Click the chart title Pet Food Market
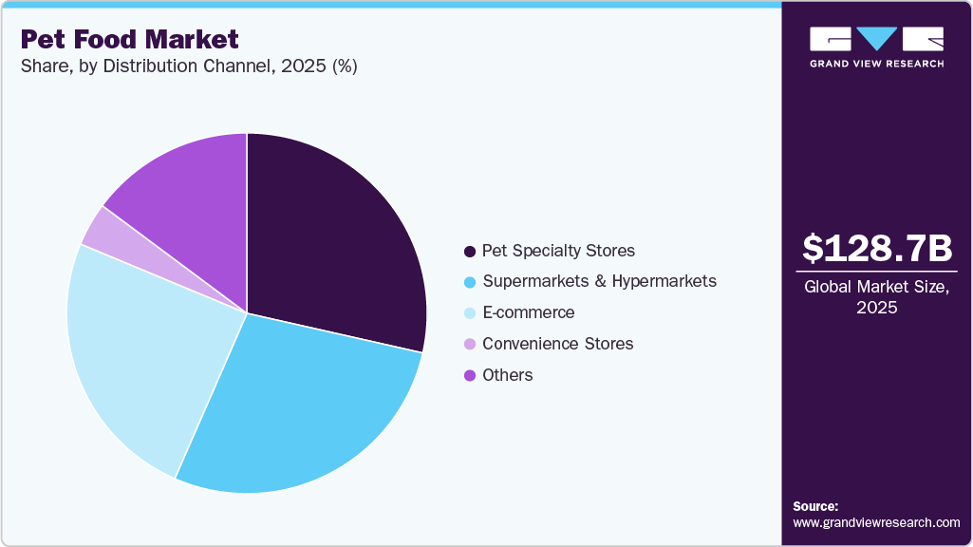pyautogui.click(x=129, y=39)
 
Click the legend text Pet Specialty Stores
pyautogui.click(x=558, y=251)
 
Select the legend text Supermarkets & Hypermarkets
pyautogui.click(x=599, y=281)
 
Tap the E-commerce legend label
pyautogui.click(x=528, y=312)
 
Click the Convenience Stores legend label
pyautogui.click(x=557, y=344)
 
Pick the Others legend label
pyautogui.click(x=507, y=375)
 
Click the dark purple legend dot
pyautogui.click(x=469, y=252)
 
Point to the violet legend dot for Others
pyautogui.click(x=469, y=375)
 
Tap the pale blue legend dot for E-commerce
pyautogui.click(x=469, y=313)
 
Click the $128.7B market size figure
pyautogui.click(x=876, y=248)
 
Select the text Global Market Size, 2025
pyautogui.click(x=876, y=298)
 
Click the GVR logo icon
pyautogui.click(x=876, y=38)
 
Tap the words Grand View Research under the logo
pyautogui.click(x=876, y=64)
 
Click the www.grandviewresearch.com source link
pyautogui.click(x=876, y=522)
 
